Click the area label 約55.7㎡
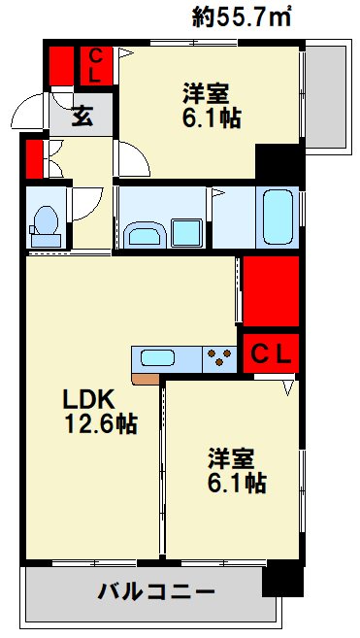coord(244,17)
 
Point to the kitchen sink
coord(158,358)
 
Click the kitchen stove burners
coord(220,358)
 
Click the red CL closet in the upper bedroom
coord(97,65)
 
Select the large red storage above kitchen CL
coord(271,291)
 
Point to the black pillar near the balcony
coord(282,582)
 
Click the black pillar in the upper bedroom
coord(277,159)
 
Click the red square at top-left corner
coord(60,65)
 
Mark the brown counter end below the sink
coord(146,378)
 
